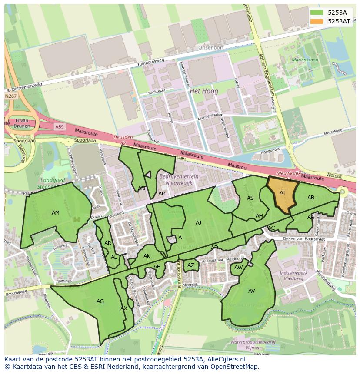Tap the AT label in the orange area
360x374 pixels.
(283, 193)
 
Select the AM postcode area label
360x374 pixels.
(56, 213)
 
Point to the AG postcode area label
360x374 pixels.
(100, 301)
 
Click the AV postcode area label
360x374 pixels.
(252, 291)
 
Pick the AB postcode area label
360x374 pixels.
(311, 198)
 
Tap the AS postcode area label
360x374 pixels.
(250, 198)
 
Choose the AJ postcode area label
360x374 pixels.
(199, 223)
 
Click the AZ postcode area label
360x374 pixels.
(191, 265)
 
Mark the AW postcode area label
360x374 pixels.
(238, 268)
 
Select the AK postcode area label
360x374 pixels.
(147, 256)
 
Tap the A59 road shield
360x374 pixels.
(59, 126)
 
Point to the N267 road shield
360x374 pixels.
(11, 96)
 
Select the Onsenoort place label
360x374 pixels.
(210, 48)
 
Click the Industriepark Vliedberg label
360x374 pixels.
(291, 275)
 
